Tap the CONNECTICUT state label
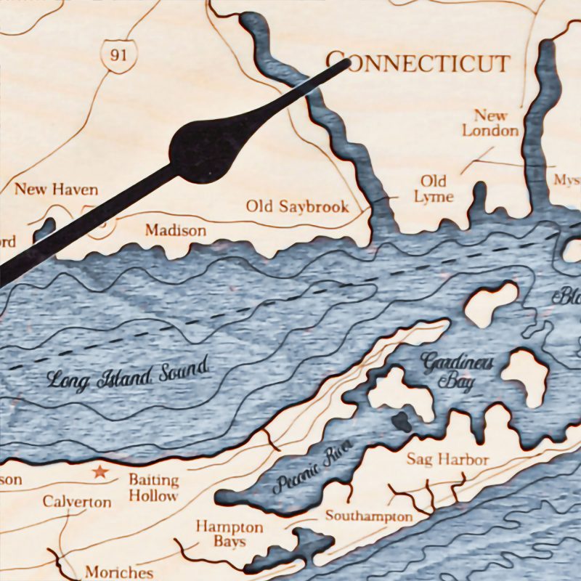click(417, 62)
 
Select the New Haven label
click(57, 190)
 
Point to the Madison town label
click(175, 230)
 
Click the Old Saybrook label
click(297, 206)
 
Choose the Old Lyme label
click(434, 188)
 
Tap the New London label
click(491, 123)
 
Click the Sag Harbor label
click(447, 459)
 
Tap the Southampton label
click(368, 516)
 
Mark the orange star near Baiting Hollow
click(99, 473)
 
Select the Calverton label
click(77, 502)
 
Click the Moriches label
click(119, 572)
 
